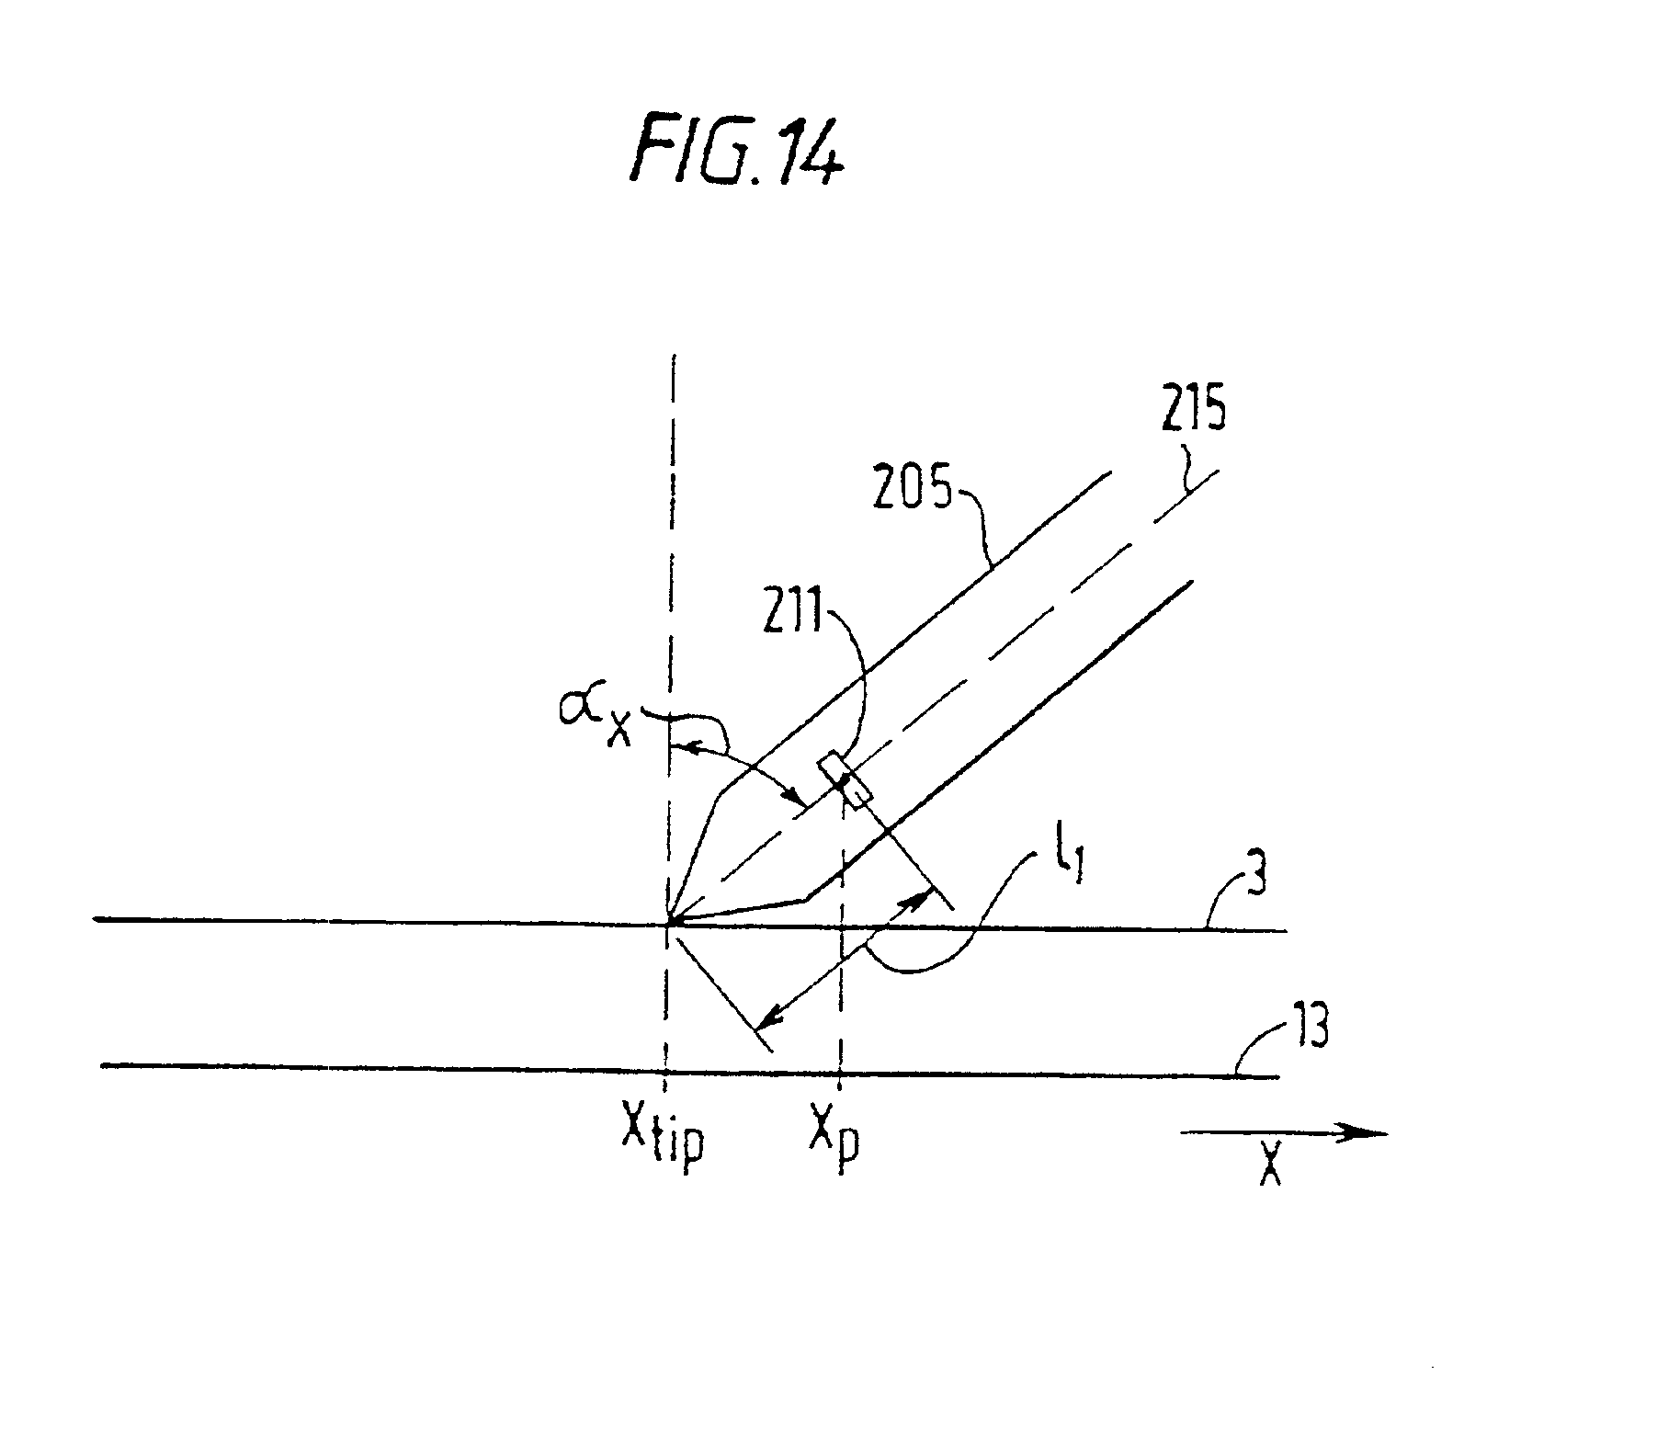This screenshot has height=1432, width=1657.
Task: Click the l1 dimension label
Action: click(1069, 866)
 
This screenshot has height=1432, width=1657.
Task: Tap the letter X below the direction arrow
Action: click(1270, 1167)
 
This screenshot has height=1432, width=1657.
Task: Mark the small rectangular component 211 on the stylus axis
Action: click(844, 779)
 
